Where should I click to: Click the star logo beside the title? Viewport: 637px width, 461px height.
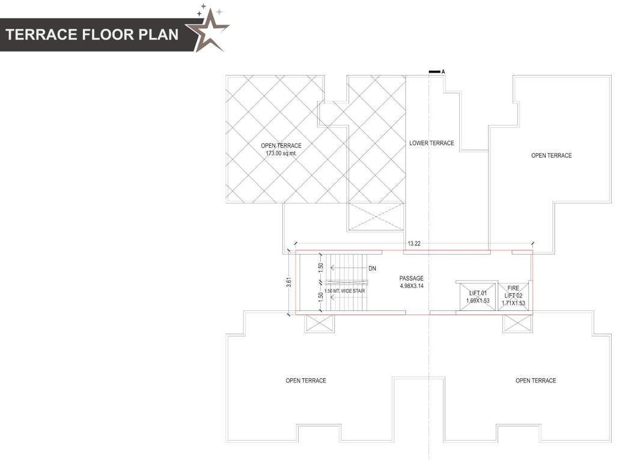coord(207,29)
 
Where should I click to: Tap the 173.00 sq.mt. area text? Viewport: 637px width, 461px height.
coord(281,154)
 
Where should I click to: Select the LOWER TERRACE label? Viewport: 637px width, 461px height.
coord(431,143)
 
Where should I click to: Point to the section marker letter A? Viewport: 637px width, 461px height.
coord(443,72)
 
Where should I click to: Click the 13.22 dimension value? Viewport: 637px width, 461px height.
coord(414,244)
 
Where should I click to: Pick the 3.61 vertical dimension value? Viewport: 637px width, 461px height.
coord(289,282)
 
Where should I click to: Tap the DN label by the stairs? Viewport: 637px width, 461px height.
coord(372,268)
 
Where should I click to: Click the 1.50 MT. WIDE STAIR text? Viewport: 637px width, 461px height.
coord(344,291)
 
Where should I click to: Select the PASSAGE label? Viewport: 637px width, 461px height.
coord(412,279)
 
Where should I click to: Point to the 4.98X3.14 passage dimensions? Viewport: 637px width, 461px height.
coord(412,286)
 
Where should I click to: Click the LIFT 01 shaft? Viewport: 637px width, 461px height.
coord(478,297)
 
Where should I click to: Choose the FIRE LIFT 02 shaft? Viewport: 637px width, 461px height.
coord(513,295)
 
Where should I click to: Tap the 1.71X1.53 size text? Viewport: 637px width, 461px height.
coord(513,303)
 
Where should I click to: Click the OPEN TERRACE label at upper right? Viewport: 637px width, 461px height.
coord(551,155)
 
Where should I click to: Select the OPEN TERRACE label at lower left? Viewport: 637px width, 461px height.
coord(306,381)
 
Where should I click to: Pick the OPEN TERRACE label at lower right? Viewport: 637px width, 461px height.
coord(535,381)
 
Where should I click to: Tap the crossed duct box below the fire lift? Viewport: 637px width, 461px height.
coord(517,323)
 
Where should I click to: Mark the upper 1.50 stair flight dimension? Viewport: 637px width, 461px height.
coord(321,267)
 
